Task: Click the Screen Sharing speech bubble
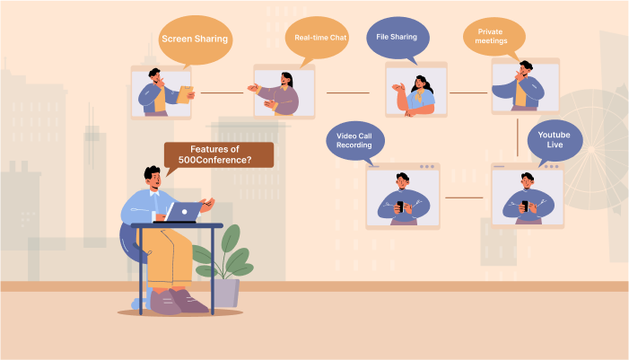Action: [195, 40]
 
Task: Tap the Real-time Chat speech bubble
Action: [320, 38]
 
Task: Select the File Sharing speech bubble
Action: [397, 38]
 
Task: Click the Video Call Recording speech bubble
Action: [354, 141]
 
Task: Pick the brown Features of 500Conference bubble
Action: [220, 154]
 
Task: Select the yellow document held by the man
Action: [186, 94]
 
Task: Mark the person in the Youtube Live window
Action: [527, 196]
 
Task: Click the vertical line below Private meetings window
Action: [519, 136]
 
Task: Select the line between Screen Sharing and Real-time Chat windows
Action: [222, 92]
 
